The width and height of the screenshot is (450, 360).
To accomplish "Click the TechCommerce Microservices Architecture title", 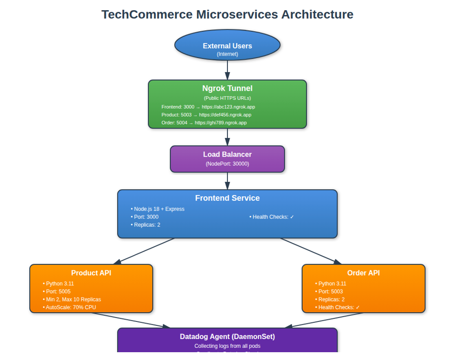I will [x=227, y=14].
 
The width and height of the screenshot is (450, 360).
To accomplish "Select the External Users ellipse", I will [x=227, y=45].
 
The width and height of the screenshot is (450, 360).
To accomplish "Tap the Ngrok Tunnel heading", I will [x=227, y=88].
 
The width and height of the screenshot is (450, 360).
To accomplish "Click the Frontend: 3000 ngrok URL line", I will [x=208, y=106].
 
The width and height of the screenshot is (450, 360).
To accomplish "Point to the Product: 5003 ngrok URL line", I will [x=206, y=115].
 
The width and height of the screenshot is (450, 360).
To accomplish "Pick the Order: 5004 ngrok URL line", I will [x=204, y=122].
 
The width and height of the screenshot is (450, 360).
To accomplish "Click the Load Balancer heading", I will [x=227, y=154].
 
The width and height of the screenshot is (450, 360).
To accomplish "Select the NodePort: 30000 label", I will [x=227, y=163].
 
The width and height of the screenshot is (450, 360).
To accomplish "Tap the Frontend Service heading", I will [x=227, y=198].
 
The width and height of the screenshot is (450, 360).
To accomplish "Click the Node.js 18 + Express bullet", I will [x=158, y=209].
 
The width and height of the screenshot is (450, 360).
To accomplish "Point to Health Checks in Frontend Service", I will [x=272, y=217].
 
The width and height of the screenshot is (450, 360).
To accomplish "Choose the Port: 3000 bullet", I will [x=145, y=217].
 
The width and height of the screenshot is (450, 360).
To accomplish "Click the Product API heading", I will [x=91, y=273].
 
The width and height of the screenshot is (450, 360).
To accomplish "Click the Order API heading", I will [x=364, y=273].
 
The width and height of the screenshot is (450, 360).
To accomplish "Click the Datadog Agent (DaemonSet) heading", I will [x=227, y=337].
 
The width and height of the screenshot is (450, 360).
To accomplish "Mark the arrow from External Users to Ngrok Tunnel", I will [x=227, y=70].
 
